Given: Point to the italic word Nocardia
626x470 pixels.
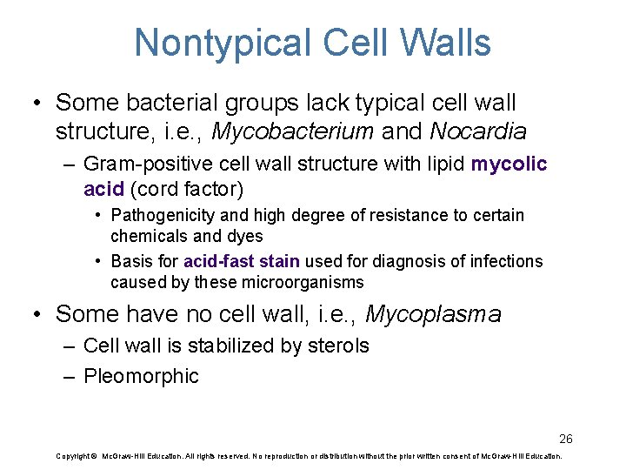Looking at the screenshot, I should pyautogui.click(x=479, y=132).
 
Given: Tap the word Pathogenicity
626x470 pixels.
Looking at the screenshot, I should pyautogui.click(x=162, y=215).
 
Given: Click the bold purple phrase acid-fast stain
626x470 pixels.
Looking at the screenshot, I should pyautogui.click(x=242, y=261).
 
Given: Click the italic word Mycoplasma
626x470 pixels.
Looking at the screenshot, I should pyautogui.click(x=433, y=314).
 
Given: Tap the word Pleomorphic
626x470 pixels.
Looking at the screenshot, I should pyautogui.click(x=141, y=377).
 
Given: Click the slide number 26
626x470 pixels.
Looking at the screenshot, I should pyautogui.click(x=566, y=438).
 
